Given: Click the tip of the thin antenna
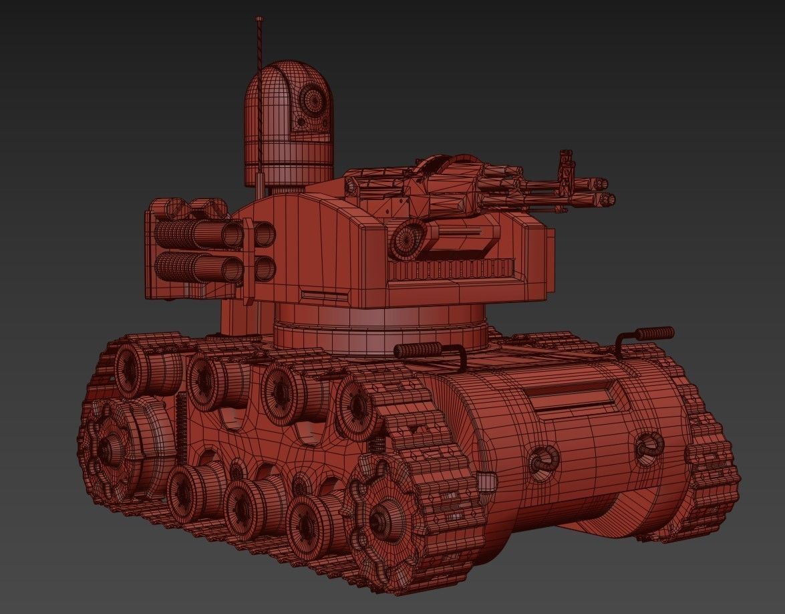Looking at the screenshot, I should coord(259,19).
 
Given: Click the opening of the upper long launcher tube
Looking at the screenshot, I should coord(232,233).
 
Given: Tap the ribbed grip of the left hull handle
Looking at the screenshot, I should coord(418,350).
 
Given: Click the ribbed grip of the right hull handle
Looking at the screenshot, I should coord(654,333).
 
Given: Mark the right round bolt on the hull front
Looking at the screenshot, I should coord(647,446).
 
